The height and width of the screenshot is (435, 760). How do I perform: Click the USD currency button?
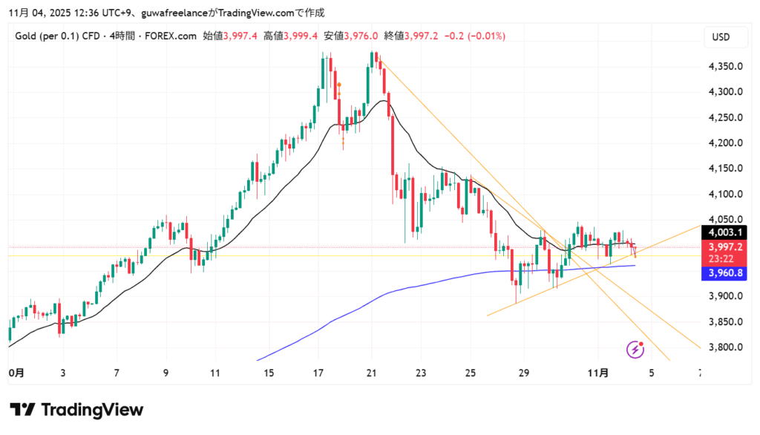coord(720,36)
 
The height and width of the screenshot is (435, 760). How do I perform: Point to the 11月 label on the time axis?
coord(597,373)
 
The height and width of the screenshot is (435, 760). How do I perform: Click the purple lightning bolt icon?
coord(635,349)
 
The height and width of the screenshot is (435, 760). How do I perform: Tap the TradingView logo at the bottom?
coord(76,410)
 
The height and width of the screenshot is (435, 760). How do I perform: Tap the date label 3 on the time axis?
coord(63,373)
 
